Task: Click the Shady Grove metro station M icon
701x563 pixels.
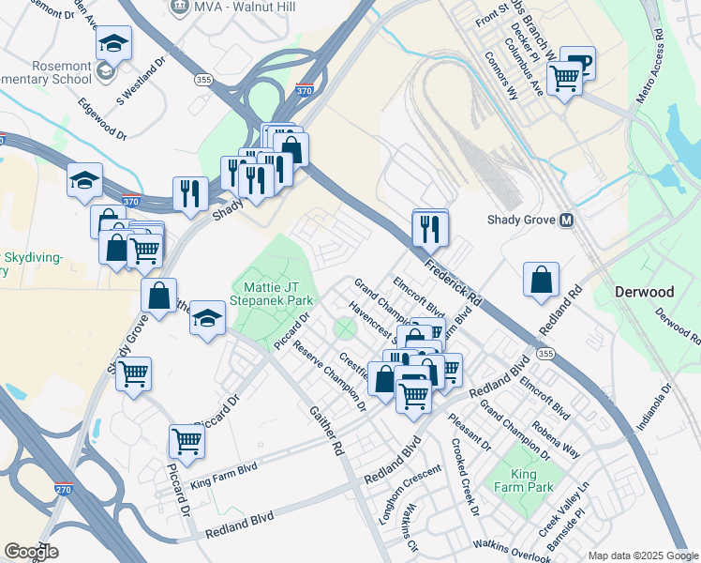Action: [566, 221]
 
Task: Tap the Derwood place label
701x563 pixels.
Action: [644, 292]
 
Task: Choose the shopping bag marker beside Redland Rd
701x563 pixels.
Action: [542, 280]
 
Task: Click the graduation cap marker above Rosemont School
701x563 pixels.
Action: [114, 43]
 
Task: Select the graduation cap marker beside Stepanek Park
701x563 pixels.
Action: [207, 318]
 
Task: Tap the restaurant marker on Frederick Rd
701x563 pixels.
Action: [430, 228]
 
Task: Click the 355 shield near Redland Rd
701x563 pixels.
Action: [546, 354]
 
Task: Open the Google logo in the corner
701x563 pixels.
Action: [30, 551]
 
